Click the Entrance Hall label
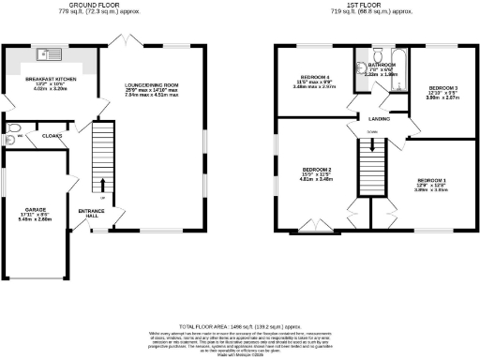click(x=90, y=213)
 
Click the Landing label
click(x=380, y=118)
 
